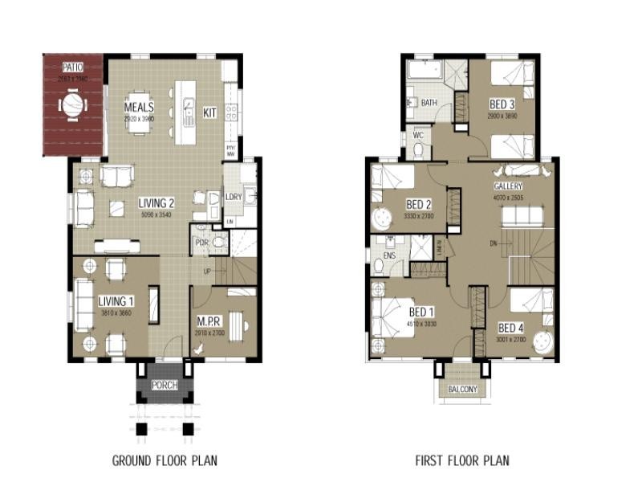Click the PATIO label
pyautogui.click(x=73, y=67)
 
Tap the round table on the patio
pyautogui.click(x=72, y=105)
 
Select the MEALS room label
pyautogui.click(x=139, y=107)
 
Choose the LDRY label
pyautogui.click(x=234, y=197)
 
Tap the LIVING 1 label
pyautogui.click(x=116, y=301)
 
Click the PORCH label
pyautogui.click(x=165, y=386)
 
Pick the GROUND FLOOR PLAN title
pyautogui.click(x=165, y=460)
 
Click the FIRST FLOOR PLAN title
pyautogui.click(x=462, y=460)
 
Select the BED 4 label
pyautogui.click(x=511, y=328)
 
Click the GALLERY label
pyautogui.click(x=508, y=186)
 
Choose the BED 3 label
pyautogui.click(x=502, y=104)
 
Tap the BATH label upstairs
pyautogui.click(x=429, y=103)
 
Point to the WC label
pyautogui.click(x=418, y=136)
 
